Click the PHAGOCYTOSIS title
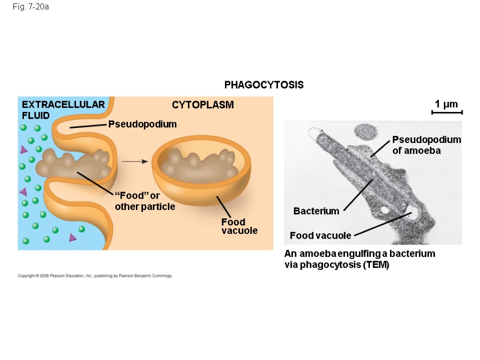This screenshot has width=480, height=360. click(x=264, y=85)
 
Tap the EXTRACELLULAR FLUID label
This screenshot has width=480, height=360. click(x=63, y=110)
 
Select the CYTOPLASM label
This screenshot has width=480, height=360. click(x=202, y=105)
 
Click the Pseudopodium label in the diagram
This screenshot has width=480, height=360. click(x=142, y=124)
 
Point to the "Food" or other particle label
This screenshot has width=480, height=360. click(x=144, y=201)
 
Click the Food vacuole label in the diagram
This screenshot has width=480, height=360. click(x=240, y=226)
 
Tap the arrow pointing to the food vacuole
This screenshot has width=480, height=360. click(x=135, y=161)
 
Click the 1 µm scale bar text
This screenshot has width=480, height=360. click(x=446, y=104)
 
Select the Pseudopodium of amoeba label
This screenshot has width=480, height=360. click(x=427, y=145)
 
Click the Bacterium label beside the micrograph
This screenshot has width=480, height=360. click(x=316, y=211)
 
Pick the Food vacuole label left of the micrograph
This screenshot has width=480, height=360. click(x=320, y=235)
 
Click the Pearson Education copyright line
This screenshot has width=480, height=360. click(x=95, y=276)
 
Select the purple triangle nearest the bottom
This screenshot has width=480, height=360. click(x=73, y=238)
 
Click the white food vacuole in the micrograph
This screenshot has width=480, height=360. click(x=414, y=215)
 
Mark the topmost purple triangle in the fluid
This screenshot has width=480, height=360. click(x=23, y=150)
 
